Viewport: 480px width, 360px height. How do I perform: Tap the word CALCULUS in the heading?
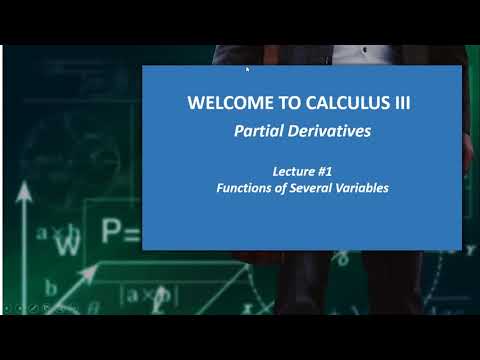pyautogui.click(x=331, y=103)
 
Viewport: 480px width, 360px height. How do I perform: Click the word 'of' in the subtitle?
pyautogui.click(x=275, y=186)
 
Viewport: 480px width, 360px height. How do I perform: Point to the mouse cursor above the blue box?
pyautogui.click(x=246, y=69)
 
